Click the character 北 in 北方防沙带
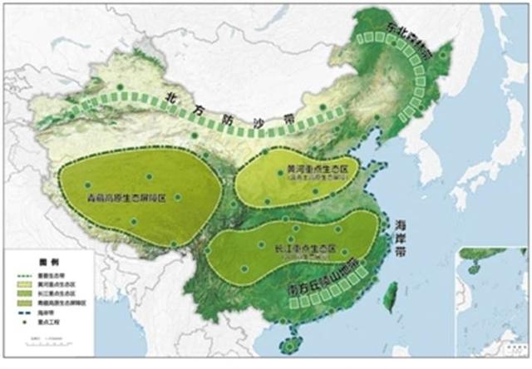pos(171,94)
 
